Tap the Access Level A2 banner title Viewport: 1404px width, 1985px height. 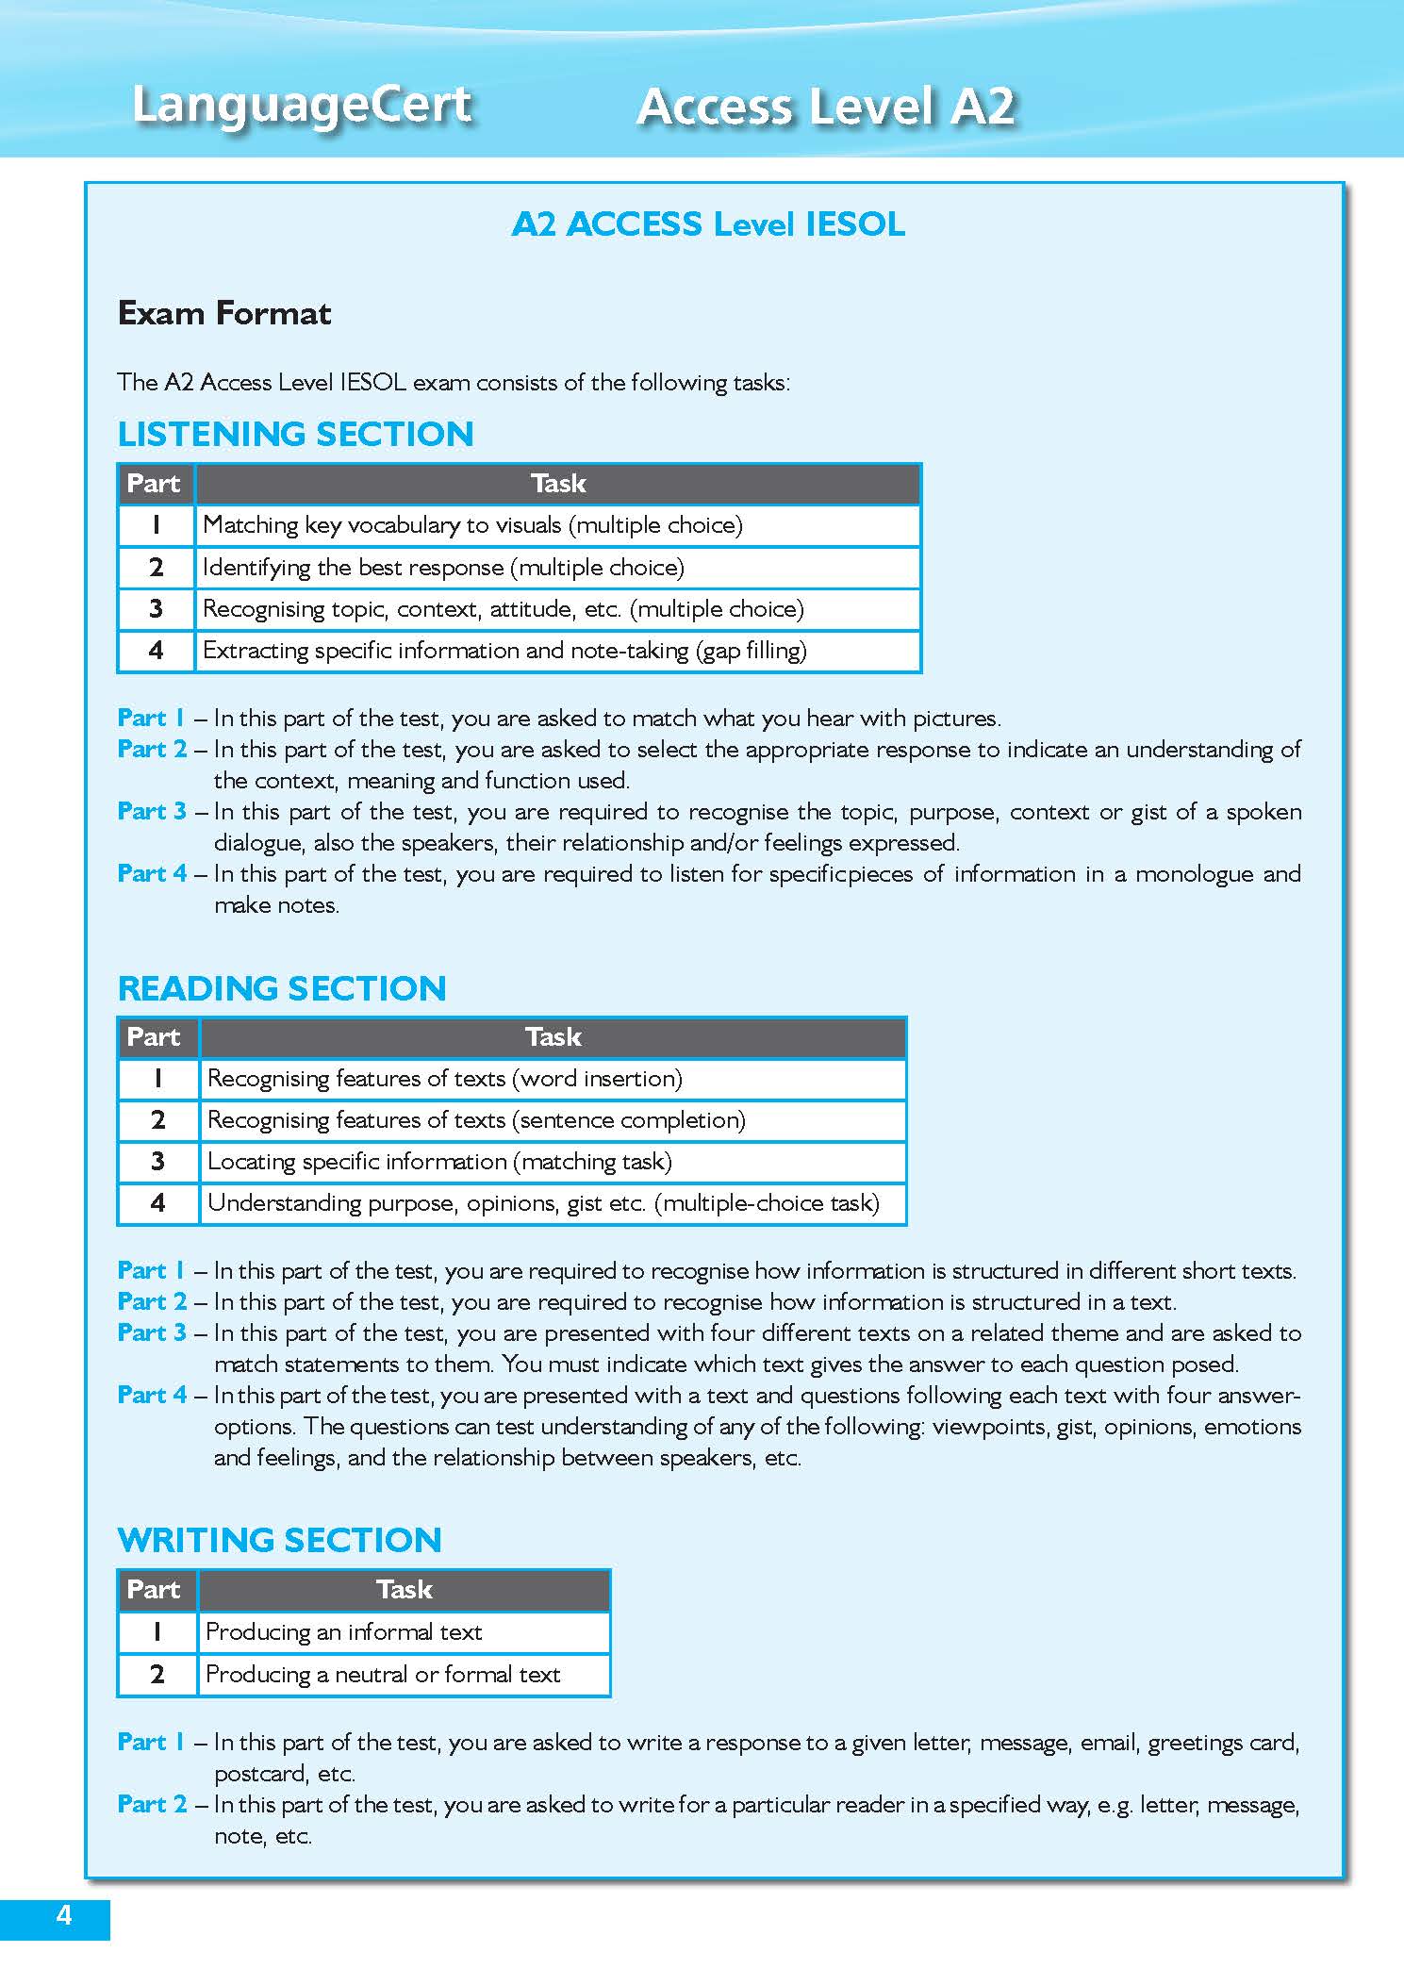tap(826, 106)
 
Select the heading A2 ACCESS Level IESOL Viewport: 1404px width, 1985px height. tap(708, 224)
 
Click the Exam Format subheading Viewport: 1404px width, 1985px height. tap(223, 313)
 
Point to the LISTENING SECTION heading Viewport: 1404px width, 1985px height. tap(295, 434)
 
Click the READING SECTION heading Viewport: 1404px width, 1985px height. tap(282, 988)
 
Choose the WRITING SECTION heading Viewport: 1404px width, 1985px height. tap(279, 1540)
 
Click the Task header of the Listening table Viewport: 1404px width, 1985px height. tap(557, 484)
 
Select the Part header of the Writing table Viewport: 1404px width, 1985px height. tap(154, 1590)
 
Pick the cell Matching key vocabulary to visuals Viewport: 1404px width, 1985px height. tap(471, 525)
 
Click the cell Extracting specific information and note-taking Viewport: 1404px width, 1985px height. tap(504, 651)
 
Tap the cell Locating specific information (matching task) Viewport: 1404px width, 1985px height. tap(439, 1162)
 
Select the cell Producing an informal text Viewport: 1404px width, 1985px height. tap(343, 1632)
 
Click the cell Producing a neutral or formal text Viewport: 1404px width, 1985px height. tap(383, 1675)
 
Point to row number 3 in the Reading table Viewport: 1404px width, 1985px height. tap(157, 1162)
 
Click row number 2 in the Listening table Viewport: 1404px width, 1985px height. tap(156, 568)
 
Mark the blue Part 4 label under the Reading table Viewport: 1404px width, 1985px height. tap(152, 1395)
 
